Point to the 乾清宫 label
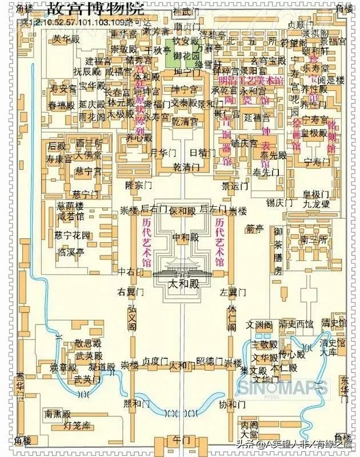pos(185,122)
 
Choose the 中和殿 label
pos(183,236)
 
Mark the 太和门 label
pos(182,365)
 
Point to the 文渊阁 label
pos(259,324)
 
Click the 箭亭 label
pos(255,229)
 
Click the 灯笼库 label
pos(77,425)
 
